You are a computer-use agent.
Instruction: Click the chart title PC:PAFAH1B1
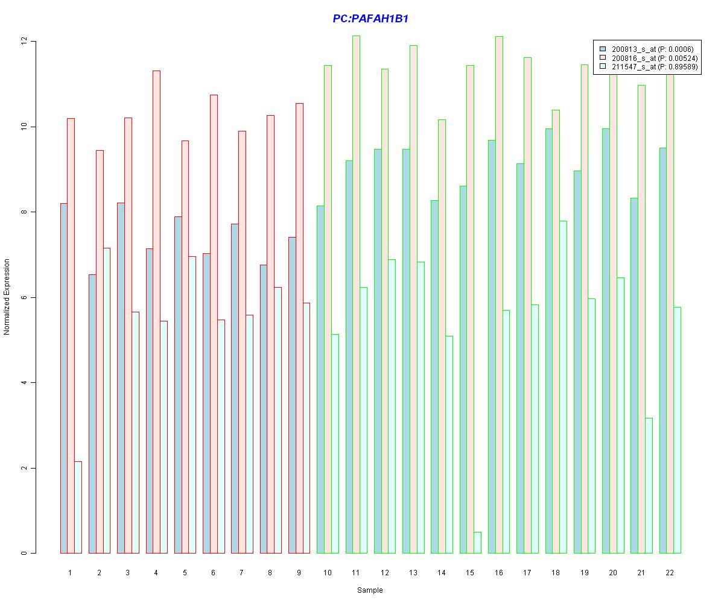tap(370, 19)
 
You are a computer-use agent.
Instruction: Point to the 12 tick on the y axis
tap(25, 41)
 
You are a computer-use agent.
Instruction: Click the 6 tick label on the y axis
tap(25, 297)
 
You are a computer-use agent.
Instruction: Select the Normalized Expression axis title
tap(7, 297)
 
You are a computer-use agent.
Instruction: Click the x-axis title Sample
tap(370, 590)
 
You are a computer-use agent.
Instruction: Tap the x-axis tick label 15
tap(470, 572)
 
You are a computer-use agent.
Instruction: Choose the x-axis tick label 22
tap(670, 572)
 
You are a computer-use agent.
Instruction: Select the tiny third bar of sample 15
tap(477, 543)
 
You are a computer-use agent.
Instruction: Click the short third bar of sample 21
tap(649, 485)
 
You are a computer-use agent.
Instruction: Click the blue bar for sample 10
tap(320, 379)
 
